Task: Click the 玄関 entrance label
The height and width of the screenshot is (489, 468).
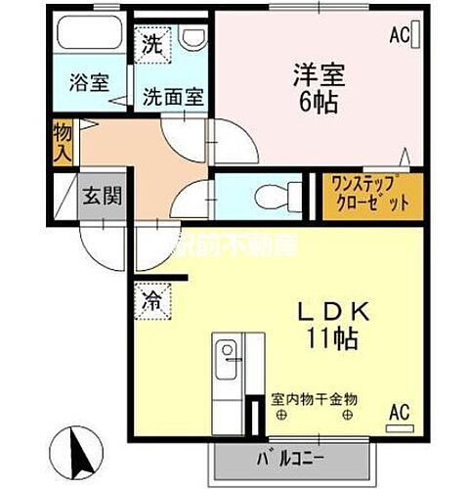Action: pos(102,195)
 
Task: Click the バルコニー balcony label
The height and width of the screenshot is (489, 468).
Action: pos(293,459)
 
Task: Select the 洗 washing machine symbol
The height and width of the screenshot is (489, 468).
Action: pos(153,44)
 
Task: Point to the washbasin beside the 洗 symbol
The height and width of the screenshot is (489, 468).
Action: pos(192,38)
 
